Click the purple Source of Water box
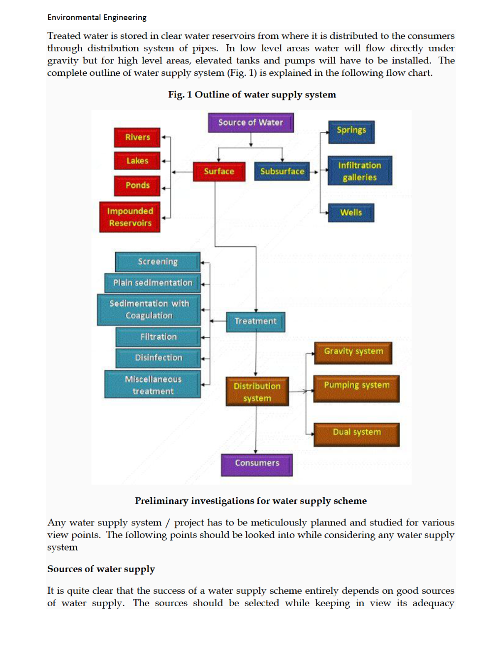[251, 123]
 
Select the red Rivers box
[137, 137]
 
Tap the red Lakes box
[137, 161]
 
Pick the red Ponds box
[137, 186]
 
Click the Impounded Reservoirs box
[130, 217]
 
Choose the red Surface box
[219, 171]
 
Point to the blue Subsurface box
[282, 171]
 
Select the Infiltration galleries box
[360, 171]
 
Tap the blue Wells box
[351, 213]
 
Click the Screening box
[157, 261]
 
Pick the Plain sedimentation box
[153, 283]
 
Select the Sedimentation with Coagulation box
[149, 310]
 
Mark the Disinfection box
[158, 358]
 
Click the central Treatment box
[255, 322]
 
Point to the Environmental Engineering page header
[97, 18]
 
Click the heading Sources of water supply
[101, 569]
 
